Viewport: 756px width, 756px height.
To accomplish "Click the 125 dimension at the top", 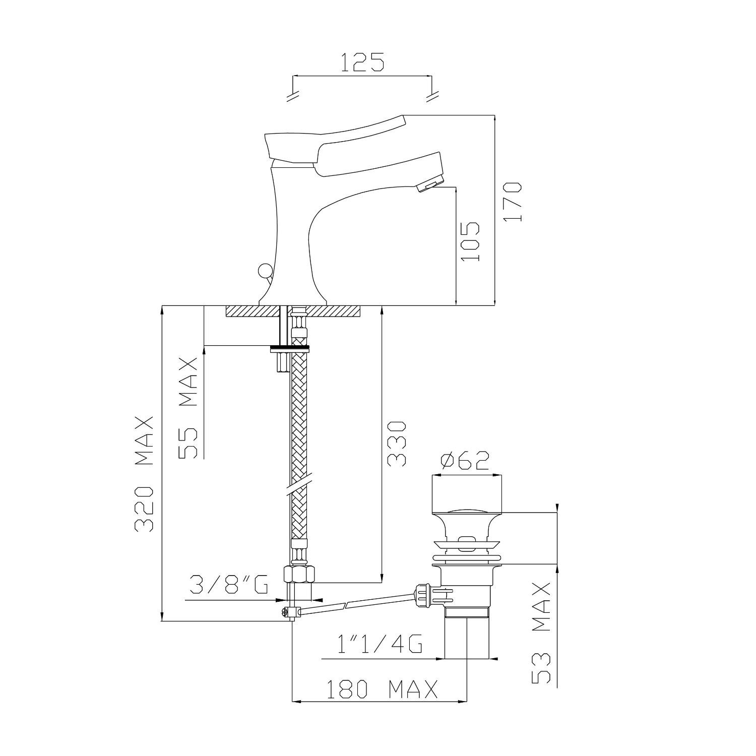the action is point(362,62).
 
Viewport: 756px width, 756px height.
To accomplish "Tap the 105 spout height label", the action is point(470,241).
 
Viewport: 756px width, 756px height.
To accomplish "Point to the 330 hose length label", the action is point(397,444).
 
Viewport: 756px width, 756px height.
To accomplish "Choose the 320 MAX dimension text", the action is point(144,474).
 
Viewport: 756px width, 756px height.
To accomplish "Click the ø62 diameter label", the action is point(465,460).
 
